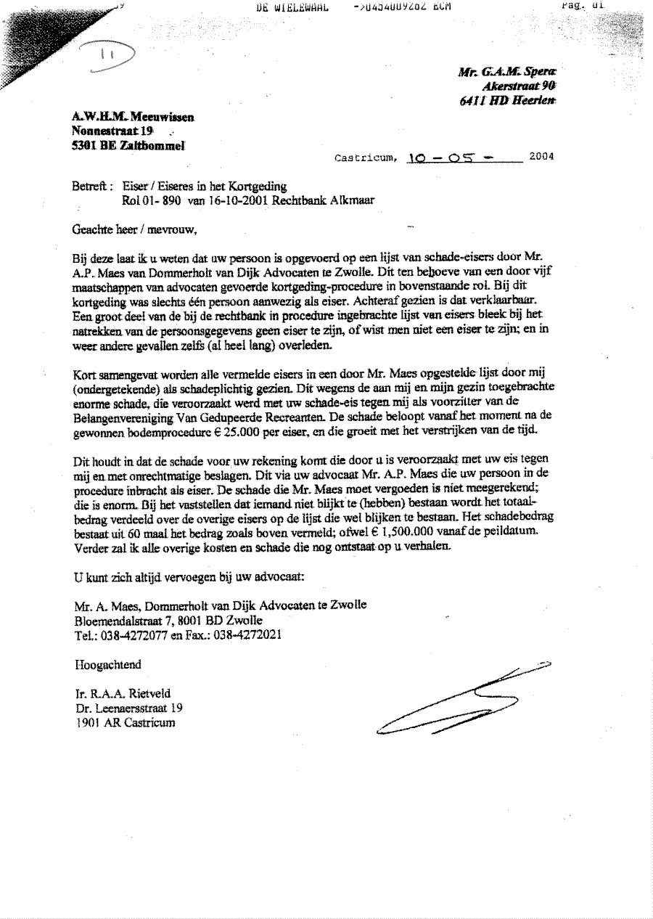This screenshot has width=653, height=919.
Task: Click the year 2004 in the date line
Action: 541,155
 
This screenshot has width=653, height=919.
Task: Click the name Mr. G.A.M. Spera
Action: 509,71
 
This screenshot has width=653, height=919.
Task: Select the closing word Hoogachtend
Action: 107,664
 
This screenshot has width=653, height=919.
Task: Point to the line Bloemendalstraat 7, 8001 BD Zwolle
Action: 168,621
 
